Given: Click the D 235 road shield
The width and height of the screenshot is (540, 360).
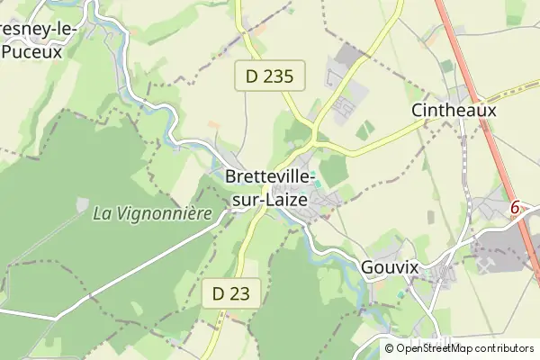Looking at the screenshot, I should click(270, 76).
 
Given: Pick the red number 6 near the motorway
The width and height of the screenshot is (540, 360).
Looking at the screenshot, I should click(516, 208).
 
